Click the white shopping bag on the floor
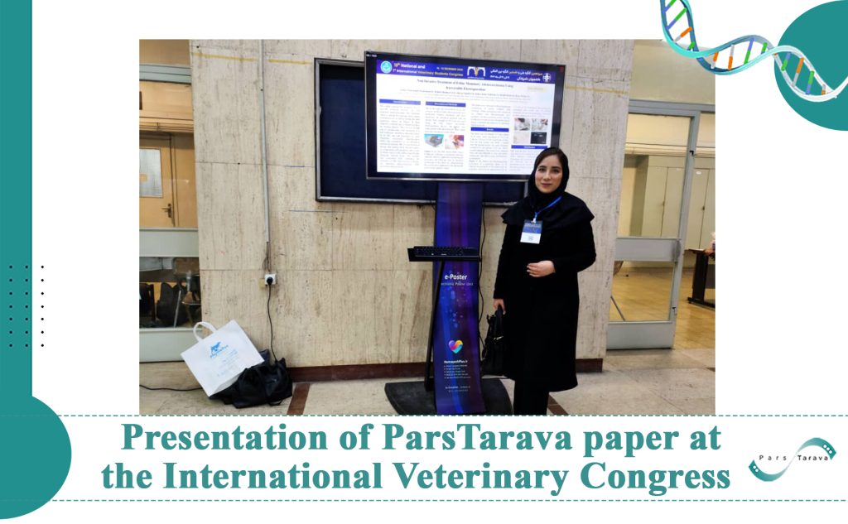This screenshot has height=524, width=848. pyautogui.click(x=220, y=356)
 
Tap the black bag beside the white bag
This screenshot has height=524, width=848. pyautogui.click(x=262, y=382)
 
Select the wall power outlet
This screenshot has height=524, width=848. pyautogui.click(x=269, y=279)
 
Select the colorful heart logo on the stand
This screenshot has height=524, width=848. pyautogui.click(x=455, y=346)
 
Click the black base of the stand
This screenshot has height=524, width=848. pyautogui.click(x=447, y=397)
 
